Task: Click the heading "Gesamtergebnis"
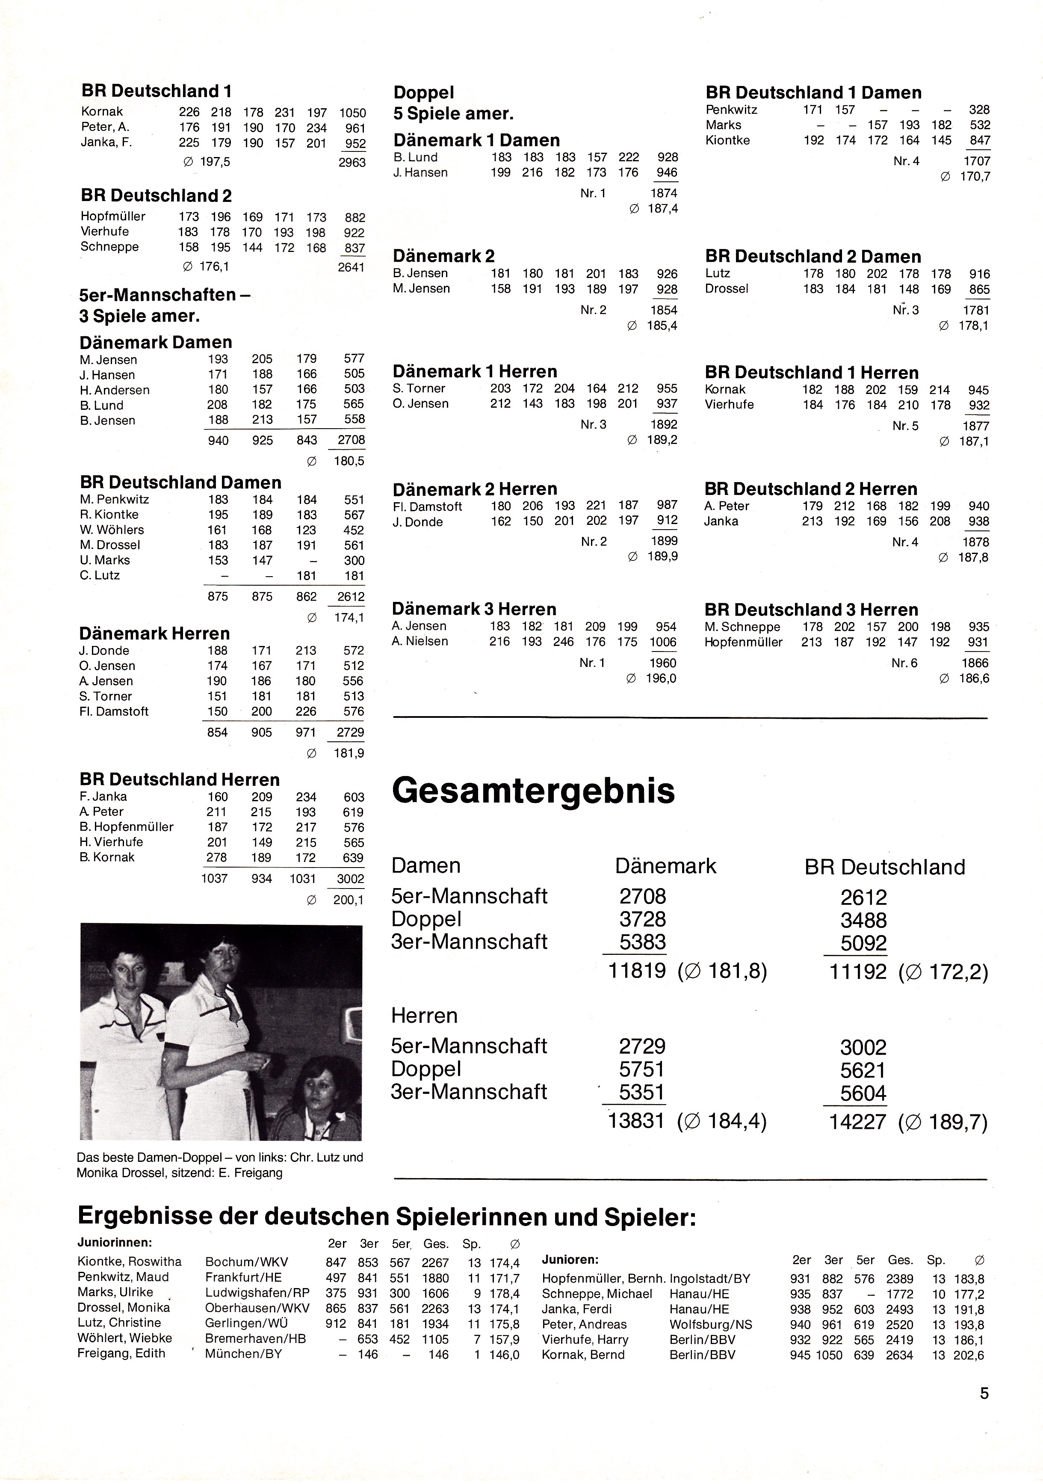click(x=533, y=791)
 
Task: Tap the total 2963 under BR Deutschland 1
click(x=352, y=162)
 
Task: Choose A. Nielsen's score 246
click(x=564, y=642)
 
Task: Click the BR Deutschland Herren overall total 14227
click(x=857, y=1121)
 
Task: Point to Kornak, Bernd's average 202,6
click(x=969, y=1355)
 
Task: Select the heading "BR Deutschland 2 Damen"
click(x=813, y=257)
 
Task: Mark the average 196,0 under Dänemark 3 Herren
click(x=660, y=678)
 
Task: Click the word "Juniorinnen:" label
click(x=114, y=1242)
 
